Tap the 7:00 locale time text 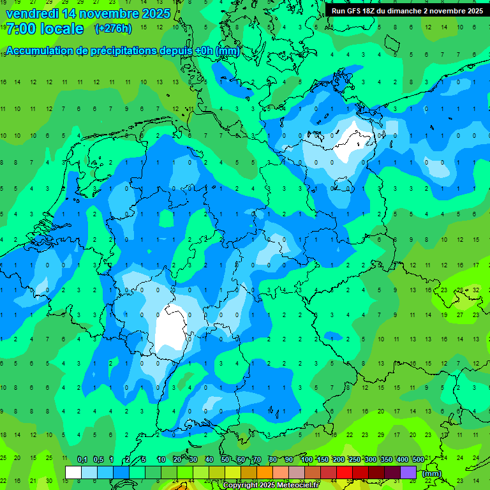pos(45,29)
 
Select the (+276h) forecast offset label pos(113,29)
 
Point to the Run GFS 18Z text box pos(407,11)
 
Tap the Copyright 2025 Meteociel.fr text pos(271,486)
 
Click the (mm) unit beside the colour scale pos(431,473)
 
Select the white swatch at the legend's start pos(73,473)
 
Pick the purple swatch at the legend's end pos(408,473)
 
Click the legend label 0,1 pos(82,460)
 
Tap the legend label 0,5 pos(98,460)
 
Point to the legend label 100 pos(307,460)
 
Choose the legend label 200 pos(338,460)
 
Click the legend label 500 pos(418,460)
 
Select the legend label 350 pos(386,460)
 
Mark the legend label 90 pos(289,460)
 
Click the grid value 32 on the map pos(476,289)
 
